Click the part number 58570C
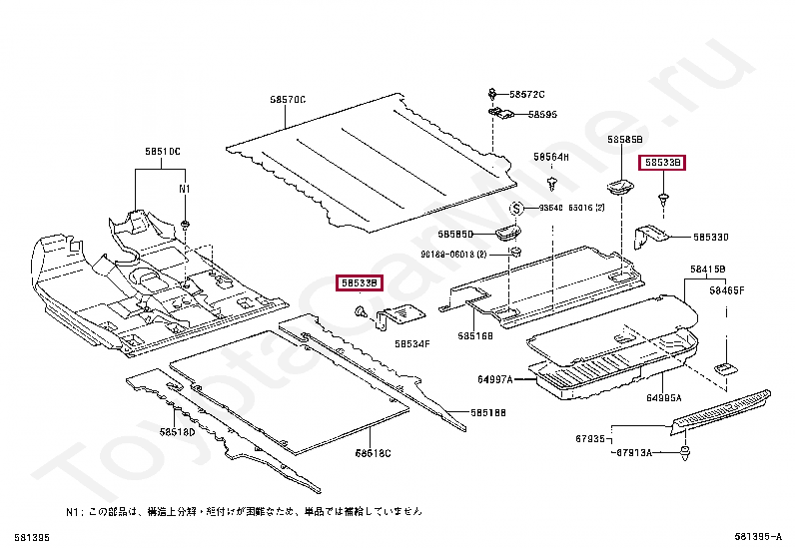(x=287, y=99)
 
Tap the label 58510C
(x=162, y=151)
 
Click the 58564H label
(x=550, y=157)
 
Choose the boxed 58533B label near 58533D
(x=662, y=162)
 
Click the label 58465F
(x=727, y=289)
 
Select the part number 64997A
(x=495, y=380)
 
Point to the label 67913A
(x=633, y=452)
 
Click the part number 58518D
(x=177, y=431)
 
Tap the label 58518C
(x=373, y=453)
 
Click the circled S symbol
(x=517, y=209)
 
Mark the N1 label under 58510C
(x=184, y=189)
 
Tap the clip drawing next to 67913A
(x=685, y=456)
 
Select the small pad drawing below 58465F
(x=723, y=368)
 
